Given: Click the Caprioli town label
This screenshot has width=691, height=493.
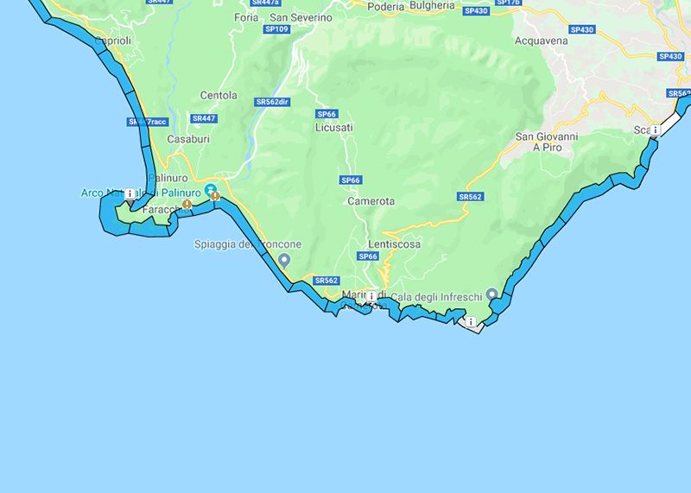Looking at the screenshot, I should tap(113, 41).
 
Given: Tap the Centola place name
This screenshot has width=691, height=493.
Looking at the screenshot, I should tap(218, 96).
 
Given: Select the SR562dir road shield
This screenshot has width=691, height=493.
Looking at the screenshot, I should tap(272, 102).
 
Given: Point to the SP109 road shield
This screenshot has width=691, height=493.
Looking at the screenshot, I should tap(277, 29).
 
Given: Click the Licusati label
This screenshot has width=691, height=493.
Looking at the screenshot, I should tap(334, 128).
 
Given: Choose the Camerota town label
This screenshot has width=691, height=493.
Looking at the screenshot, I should tap(371, 201).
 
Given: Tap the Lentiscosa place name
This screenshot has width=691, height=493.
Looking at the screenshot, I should tap(394, 244).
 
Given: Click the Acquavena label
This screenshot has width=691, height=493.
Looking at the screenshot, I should tap(542, 41).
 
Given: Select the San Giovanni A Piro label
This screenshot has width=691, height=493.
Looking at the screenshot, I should tap(546, 142).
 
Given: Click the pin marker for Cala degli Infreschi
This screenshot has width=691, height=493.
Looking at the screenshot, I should tap(492, 294).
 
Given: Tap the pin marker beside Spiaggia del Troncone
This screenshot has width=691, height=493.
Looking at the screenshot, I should tap(284, 259).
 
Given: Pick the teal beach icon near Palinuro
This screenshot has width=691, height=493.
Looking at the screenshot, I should tap(210, 189).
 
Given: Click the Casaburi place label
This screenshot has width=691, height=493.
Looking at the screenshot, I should tap(188, 139).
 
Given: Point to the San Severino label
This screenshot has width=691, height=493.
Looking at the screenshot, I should tap(301, 17).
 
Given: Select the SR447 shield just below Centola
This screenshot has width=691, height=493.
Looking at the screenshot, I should tap(204, 118).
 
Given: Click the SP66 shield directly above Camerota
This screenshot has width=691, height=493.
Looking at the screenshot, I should tap(350, 180).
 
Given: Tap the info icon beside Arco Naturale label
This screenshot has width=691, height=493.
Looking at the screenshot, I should tap(130, 193).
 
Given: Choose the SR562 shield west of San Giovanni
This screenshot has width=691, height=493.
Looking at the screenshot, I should tap(470, 197).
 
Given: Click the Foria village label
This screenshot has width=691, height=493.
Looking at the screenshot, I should tap(246, 17).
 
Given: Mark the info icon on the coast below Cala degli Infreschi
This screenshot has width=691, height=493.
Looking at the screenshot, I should tap(471, 322).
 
